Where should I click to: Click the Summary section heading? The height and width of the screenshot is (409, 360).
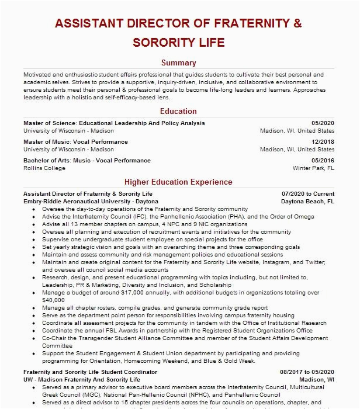tap(179, 63)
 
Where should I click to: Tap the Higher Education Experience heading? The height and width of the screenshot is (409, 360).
tap(179, 182)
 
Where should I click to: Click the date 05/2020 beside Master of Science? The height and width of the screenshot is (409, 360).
tap(323, 123)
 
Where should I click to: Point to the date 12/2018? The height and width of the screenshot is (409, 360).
tap(323, 142)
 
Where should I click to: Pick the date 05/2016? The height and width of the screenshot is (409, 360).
tap(323, 161)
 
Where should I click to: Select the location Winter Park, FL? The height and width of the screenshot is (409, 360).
tap(313, 168)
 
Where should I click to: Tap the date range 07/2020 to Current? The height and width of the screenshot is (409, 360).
tap(308, 193)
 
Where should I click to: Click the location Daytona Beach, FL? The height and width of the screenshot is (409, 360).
tap(307, 201)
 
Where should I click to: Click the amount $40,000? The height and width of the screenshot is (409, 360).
tap(54, 300)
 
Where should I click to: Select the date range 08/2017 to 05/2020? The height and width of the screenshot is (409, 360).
tap(307, 372)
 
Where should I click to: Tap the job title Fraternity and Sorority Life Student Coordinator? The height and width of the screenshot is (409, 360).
tap(90, 372)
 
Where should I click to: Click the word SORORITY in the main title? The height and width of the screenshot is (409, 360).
tap(163, 43)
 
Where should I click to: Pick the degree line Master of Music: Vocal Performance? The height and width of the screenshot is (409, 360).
tap(75, 142)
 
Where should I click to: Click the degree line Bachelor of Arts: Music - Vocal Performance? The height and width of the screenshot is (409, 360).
tap(87, 161)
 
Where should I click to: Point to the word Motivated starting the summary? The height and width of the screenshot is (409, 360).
tap(38, 75)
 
